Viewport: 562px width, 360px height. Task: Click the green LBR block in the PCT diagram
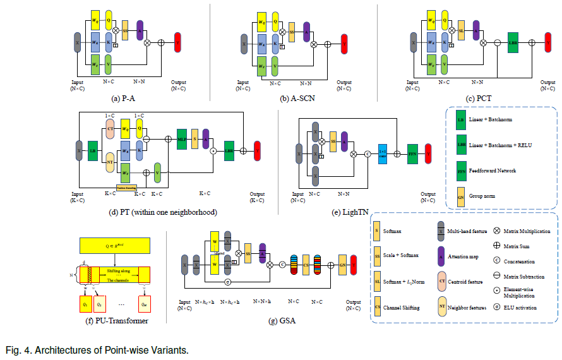click(x=513, y=42)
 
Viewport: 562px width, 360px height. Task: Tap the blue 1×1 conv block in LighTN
click(x=381, y=153)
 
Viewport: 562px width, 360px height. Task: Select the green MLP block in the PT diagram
click(x=182, y=138)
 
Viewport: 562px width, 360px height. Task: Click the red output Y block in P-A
click(x=177, y=42)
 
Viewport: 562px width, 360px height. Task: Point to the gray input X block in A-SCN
click(x=244, y=44)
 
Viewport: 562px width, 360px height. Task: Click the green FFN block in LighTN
click(x=413, y=153)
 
